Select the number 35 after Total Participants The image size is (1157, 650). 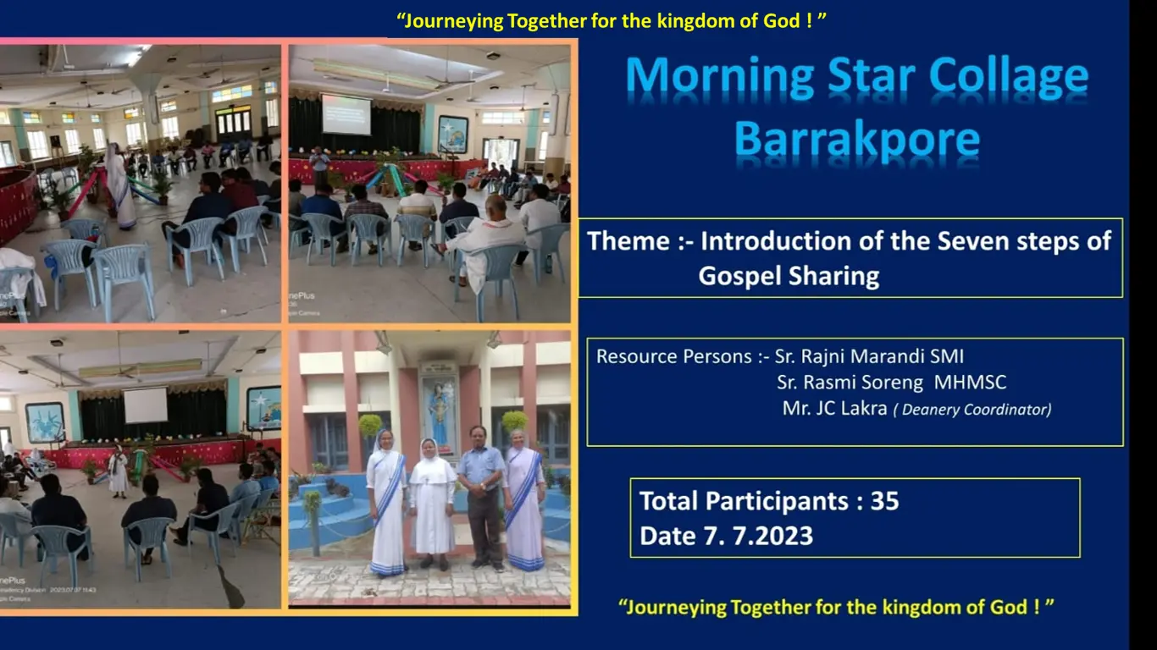point(885,501)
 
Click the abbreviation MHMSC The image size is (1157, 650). point(970,383)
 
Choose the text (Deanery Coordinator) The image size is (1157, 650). point(972,410)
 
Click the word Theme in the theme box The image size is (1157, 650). point(628,241)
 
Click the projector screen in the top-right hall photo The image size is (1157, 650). point(346,114)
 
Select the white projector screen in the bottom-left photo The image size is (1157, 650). point(147,405)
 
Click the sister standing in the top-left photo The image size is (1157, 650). point(119,185)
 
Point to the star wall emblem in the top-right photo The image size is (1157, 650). point(453,135)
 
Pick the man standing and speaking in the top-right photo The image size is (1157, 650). point(319,165)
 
